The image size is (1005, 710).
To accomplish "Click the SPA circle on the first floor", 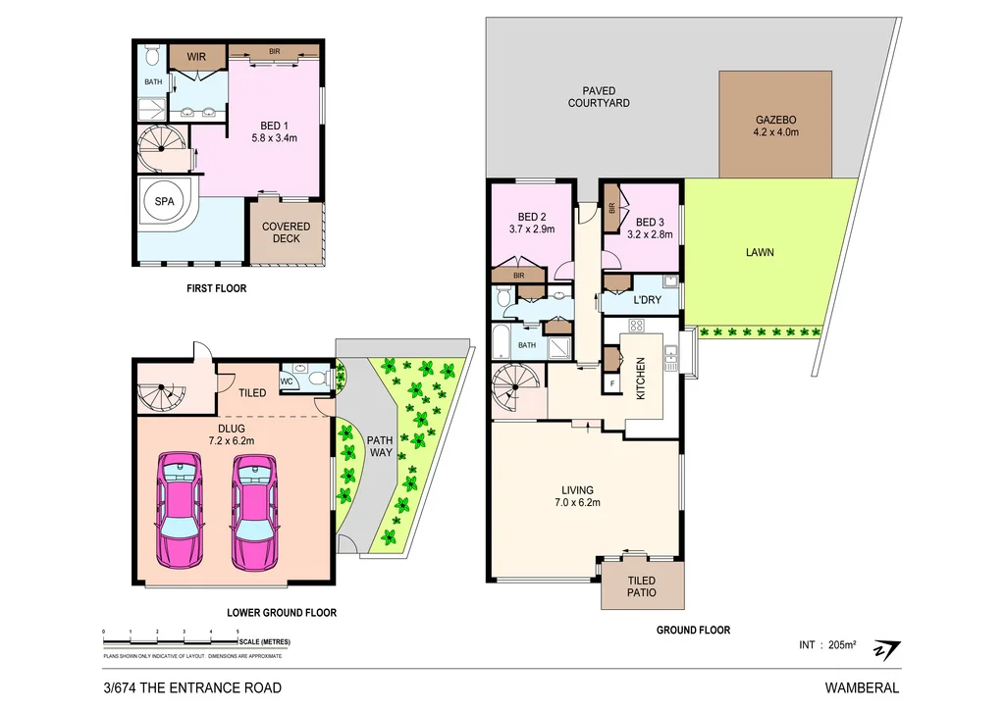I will pos(164,201).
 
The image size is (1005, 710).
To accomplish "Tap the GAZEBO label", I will pos(775,125).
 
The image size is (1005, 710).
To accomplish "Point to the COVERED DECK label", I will pos(286,232).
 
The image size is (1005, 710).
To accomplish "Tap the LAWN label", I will pos(759,252).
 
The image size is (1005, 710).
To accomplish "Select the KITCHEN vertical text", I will pos(641,377).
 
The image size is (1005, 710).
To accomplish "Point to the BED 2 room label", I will pos(532,224).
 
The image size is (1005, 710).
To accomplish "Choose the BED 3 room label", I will pos(652,228).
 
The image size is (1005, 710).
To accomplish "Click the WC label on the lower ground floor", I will pos(288,380).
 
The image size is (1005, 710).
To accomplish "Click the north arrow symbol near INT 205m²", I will pos(888,650).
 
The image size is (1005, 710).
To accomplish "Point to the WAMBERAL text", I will pos(865,687).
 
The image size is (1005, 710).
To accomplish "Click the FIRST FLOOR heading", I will pos(216,289).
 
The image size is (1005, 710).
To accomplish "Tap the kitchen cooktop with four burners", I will pos(636,326).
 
